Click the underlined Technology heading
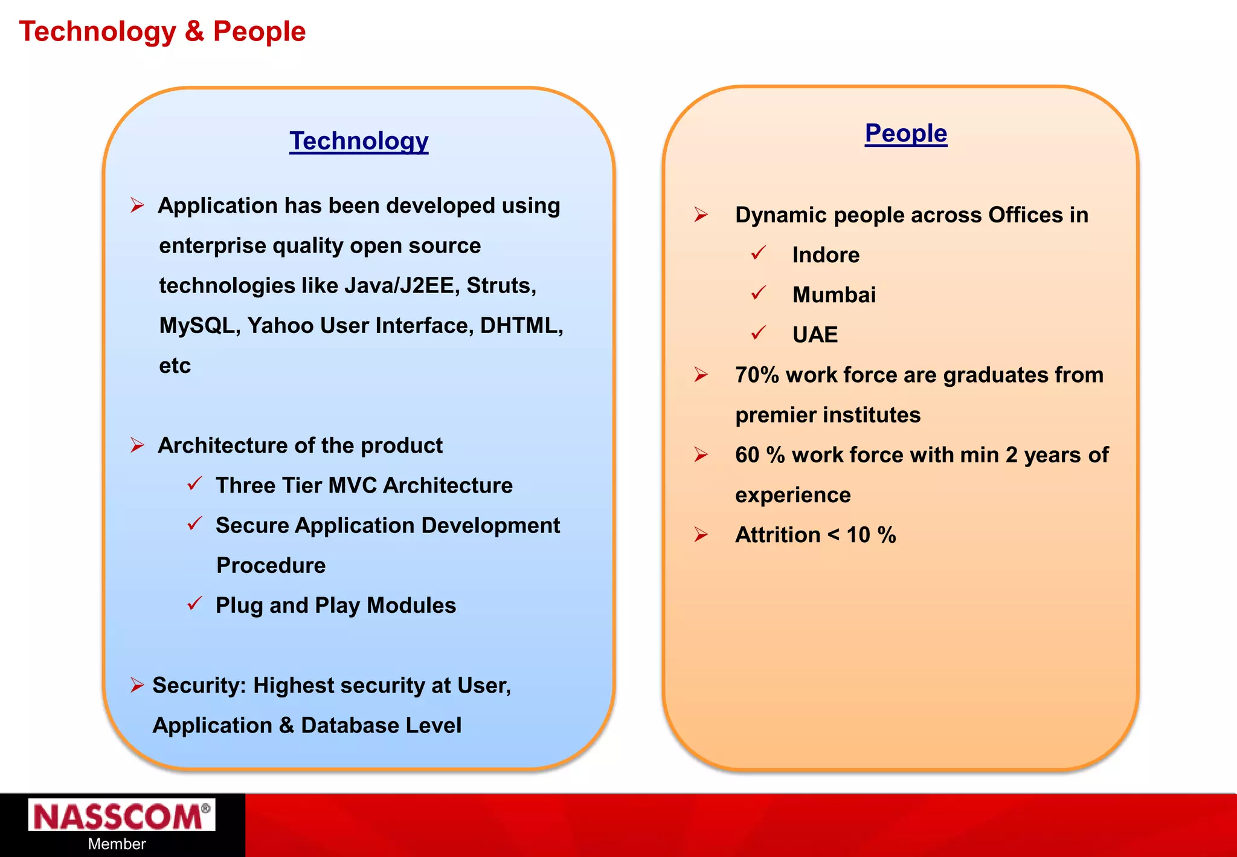(x=359, y=141)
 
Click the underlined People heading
(x=905, y=133)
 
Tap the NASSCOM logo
(x=121, y=816)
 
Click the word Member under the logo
(x=117, y=844)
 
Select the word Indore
(x=826, y=255)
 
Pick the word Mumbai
(x=834, y=295)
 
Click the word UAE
(x=815, y=335)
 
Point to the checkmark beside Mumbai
(x=759, y=293)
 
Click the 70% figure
(x=757, y=375)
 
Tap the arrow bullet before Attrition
(x=701, y=534)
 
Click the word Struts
(x=501, y=285)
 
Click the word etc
(x=175, y=366)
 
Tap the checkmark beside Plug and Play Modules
(x=194, y=603)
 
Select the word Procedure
(x=271, y=566)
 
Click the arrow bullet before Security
(x=137, y=685)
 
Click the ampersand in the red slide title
(x=194, y=31)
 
